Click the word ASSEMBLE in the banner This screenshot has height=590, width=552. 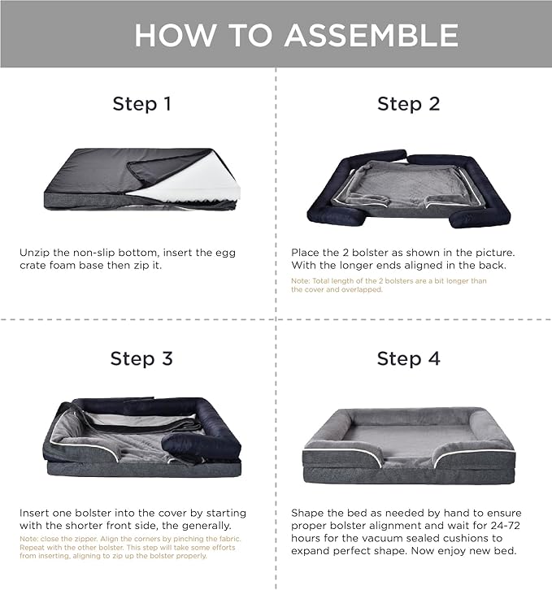click(x=372, y=35)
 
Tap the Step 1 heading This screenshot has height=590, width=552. click(x=142, y=104)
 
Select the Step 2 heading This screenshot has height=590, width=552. click(x=409, y=104)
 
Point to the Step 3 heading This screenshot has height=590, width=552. click(x=141, y=358)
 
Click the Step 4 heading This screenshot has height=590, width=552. click(x=409, y=358)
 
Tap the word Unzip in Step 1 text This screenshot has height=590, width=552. click(x=35, y=253)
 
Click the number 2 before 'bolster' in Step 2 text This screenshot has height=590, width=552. click(x=346, y=253)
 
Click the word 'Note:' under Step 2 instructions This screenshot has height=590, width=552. click(x=301, y=280)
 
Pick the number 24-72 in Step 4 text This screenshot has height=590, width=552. click(x=506, y=526)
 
